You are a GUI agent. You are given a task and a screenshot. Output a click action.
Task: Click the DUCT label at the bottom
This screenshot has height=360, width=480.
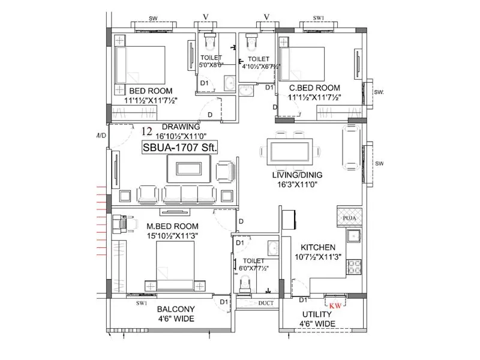tap(266, 304)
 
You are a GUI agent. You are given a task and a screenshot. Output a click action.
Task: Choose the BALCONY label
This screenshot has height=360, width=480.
tap(176, 310)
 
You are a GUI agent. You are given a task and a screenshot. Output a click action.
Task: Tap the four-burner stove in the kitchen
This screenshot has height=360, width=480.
tap(354, 265)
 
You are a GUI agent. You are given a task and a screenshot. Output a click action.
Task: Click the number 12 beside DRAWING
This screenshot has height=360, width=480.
tap(146, 131)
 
